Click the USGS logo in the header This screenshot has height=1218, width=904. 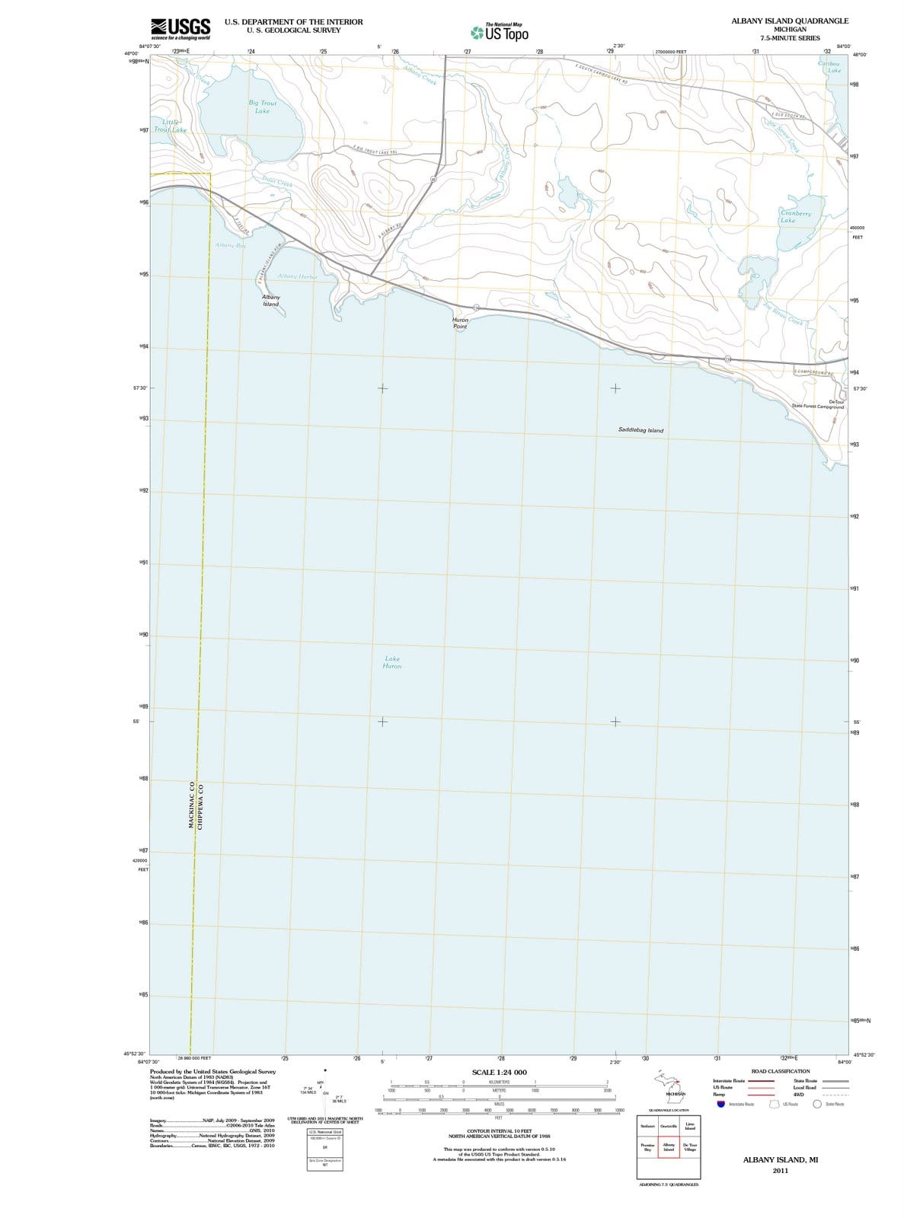[181, 30]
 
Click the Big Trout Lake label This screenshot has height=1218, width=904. [262, 107]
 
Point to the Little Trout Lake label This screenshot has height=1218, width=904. [170, 126]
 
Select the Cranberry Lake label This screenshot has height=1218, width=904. [796, 217]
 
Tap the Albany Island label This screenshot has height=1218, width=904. [270, 300]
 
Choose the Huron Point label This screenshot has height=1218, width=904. [460, 324]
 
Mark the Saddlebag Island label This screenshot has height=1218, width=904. [640, 430]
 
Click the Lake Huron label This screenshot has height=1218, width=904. [391, 662]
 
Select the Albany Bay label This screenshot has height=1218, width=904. [230, 245]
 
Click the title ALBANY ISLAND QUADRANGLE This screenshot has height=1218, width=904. [789, 21]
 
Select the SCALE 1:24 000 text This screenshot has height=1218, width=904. [499, 1073]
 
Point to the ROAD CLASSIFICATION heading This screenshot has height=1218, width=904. [780, 1071]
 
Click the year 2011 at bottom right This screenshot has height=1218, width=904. [779, 1171]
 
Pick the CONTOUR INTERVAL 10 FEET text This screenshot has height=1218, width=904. [499, 1131]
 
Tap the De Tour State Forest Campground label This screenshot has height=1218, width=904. [819, 404]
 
